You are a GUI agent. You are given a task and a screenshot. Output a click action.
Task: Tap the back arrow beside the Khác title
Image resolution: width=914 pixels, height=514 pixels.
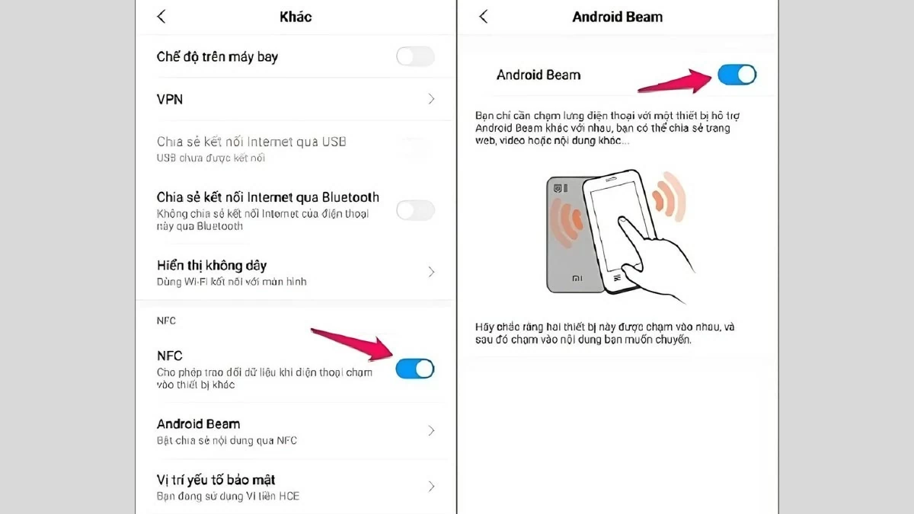click(161, 17)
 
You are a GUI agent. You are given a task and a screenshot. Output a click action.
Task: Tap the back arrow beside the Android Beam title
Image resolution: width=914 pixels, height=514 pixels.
click(483, 17)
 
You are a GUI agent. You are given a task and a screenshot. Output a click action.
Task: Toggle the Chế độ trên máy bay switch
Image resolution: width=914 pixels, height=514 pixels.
click(415, 56)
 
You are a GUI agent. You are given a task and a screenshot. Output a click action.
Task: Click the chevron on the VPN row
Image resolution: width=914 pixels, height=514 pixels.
click(431, 99)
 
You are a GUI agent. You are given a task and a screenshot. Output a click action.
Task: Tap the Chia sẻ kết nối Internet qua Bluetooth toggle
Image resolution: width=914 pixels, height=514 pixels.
click(415, 210)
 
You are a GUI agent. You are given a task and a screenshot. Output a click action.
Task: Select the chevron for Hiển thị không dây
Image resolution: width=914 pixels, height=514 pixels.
click(431, 272)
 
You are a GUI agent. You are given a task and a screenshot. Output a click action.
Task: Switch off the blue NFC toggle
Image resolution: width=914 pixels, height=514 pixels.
click(415, 369)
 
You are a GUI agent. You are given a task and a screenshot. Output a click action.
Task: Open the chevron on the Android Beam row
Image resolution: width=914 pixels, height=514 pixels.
click(431, 431)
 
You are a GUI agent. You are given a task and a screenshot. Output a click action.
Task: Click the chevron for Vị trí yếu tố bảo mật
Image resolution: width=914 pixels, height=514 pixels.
click(431, 487)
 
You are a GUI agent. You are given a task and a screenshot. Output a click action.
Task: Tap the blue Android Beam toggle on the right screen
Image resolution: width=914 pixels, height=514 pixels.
click(737, 75)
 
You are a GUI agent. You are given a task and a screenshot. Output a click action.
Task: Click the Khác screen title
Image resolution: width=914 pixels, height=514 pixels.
click(295, 17)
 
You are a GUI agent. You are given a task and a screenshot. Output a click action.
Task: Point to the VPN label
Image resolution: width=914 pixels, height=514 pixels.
click(170, 99)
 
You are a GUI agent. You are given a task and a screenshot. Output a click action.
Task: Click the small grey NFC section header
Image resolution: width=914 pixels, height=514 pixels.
click(166, 321)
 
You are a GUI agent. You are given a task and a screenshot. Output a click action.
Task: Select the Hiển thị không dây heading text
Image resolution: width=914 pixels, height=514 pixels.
click(211, 265)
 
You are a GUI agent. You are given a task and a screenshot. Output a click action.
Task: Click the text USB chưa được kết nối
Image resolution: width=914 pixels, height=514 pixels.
click(211, 158)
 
